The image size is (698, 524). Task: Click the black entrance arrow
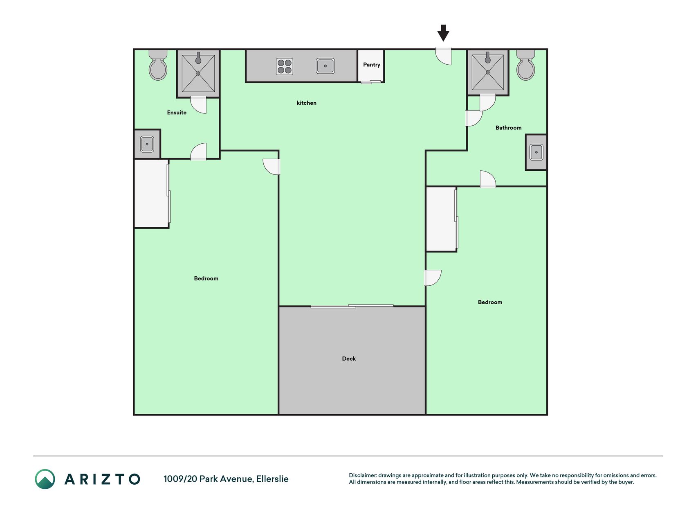tap(443, 33)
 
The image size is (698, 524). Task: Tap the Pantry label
tap(372, 65)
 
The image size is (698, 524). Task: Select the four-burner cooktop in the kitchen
tap(285, 66)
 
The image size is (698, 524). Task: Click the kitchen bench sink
tap(325, 66)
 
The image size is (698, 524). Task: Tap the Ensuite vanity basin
tap(147, 144)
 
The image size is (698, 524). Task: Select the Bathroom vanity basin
tap(536, 152)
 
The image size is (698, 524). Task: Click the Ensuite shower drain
tap(198, 74)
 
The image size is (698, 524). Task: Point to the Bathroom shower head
tap(487, 58)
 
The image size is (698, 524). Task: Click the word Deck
tap(349, 359)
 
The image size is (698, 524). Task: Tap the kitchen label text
tap(307, 103)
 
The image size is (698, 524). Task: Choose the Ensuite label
tap(177, 113)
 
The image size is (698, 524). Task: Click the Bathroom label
tap(509, 128)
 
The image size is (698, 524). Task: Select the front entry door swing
tap(443, 56)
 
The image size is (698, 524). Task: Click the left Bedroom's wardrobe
tap(151, 193)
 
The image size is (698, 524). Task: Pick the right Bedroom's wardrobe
tap(442, 219)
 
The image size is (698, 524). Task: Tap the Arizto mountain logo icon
tap(45, 479)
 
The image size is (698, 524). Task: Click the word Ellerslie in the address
tap(272, 479)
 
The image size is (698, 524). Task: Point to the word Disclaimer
tap(363, 475)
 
